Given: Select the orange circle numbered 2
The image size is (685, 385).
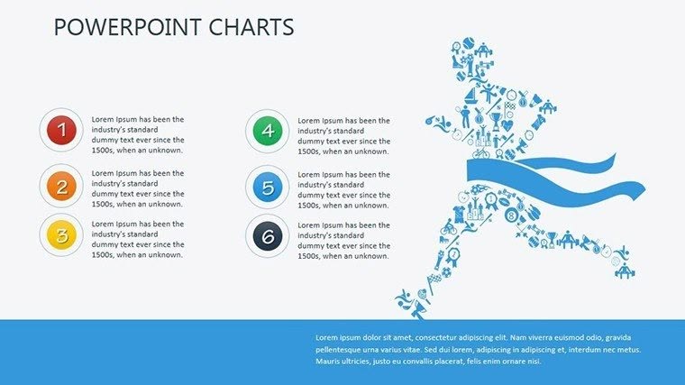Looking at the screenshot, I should coord(61,188).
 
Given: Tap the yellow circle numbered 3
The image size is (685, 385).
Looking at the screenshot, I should coord(61,237).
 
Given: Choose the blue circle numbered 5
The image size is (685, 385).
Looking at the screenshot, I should coord(267,188).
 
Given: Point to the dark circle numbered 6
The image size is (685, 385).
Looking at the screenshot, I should coord(267,237).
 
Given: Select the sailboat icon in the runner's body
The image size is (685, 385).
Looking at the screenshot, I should coord(472,96).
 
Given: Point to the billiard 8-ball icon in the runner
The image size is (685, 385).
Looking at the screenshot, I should coord(511,215).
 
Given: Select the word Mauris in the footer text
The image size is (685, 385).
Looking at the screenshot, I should coord(329,362).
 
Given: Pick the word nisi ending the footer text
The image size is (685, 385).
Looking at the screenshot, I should coord(534,362).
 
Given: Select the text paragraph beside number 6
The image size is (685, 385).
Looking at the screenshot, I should coord(343,239).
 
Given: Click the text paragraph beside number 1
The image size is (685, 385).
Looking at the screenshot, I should coord(138,134).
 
